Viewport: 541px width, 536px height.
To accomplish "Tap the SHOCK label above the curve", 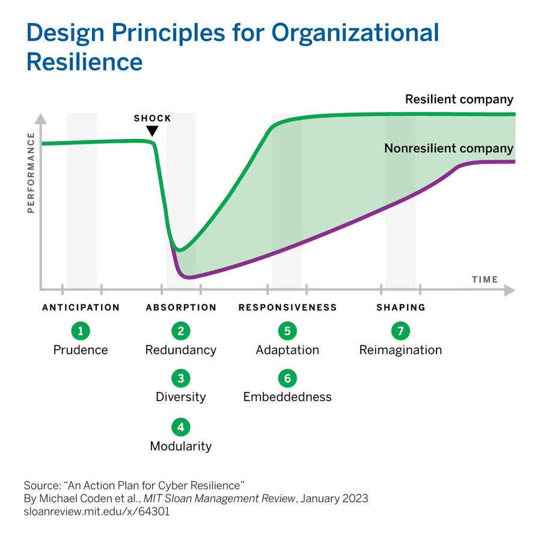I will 152,118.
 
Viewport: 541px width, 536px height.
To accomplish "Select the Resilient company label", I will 459,99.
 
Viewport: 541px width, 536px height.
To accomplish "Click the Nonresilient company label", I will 448,148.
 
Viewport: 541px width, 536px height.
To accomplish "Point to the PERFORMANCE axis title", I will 31,177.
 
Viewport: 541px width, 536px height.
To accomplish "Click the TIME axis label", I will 484,279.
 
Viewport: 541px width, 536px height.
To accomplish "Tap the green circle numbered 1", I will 80,330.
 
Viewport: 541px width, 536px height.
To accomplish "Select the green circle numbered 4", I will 180,427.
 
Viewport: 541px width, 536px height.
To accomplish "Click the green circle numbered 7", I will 400,330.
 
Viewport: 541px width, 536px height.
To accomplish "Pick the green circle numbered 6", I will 287,378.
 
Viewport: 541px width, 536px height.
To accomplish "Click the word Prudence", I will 81,350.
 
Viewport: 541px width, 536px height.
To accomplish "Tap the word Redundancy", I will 180,350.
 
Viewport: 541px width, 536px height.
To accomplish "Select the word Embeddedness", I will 287,397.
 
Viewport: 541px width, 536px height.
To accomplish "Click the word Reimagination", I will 400,350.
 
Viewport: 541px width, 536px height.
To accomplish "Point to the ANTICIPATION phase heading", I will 81,307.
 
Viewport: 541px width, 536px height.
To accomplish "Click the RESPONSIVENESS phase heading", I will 287,307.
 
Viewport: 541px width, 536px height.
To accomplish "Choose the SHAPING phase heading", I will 400,307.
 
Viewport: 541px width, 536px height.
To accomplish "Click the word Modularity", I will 180,446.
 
